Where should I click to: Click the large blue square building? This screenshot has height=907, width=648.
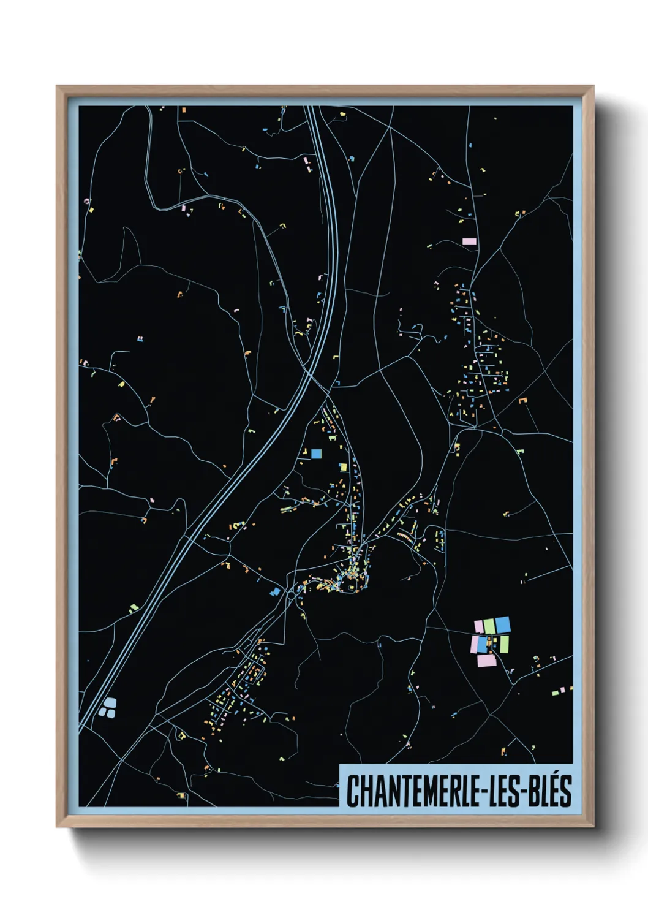(x=316, y=453)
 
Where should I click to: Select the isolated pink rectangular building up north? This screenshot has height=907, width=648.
(x=469, y=241)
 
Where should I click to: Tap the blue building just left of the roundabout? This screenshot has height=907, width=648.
(x=276, y=592)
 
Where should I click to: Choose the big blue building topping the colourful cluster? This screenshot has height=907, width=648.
(x=502, y=624)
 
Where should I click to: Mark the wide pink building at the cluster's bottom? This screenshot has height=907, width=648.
(x=486, y=660)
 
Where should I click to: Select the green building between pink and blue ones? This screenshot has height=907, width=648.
(x=489, y=626)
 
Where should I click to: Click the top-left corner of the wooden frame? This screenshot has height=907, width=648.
(x=57, y=86)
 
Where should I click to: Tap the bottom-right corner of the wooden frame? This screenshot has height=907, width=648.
(x=593, y=827)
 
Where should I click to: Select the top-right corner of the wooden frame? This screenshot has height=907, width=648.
(x=593, y=86)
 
